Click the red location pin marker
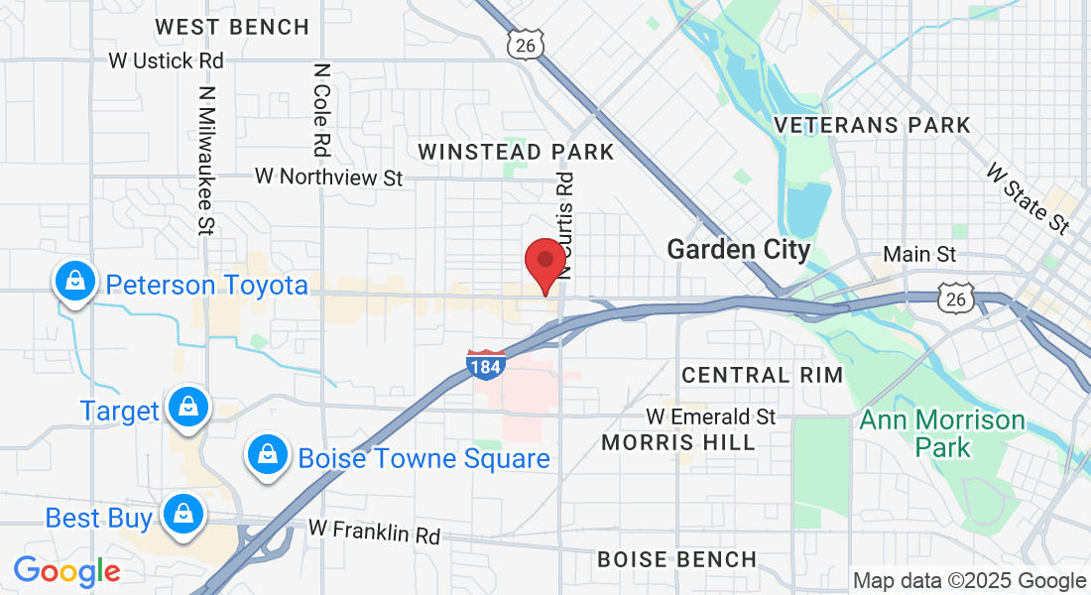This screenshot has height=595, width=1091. [545, 264]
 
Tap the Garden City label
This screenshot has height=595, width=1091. [739, 249]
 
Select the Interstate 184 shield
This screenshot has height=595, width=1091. [486, 364]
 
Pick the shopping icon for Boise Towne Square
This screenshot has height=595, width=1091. [267, 455]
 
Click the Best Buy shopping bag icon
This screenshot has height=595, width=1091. [182, 515]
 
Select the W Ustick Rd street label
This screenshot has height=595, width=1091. [167, 60]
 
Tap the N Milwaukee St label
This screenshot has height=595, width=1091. [206, 159]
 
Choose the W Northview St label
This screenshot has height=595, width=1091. [328, 177]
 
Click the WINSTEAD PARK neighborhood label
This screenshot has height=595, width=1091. [516, 152]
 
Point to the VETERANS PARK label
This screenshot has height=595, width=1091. [872, 125]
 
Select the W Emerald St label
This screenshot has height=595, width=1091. [710, 416]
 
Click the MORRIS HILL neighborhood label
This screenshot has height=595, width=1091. [678, 442]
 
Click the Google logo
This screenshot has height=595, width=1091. [66, 571]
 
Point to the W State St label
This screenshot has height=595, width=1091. [1028, 199]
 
